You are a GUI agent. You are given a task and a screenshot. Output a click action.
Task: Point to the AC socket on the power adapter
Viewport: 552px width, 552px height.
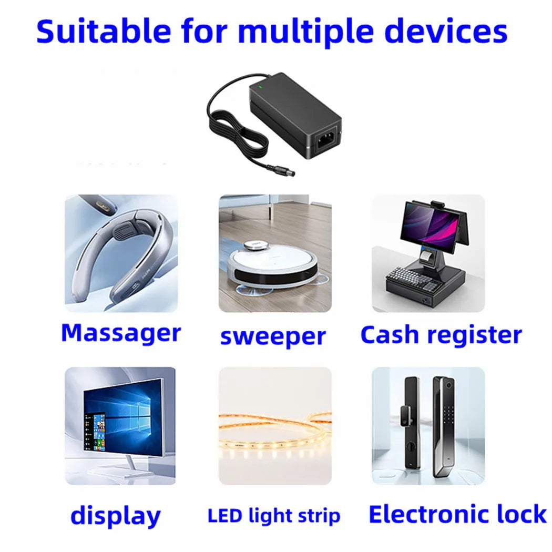coord(324,140)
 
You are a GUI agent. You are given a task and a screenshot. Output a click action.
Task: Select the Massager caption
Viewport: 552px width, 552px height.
coord(120,333)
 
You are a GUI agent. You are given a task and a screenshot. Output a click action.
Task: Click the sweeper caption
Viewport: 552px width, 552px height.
coord(273,336)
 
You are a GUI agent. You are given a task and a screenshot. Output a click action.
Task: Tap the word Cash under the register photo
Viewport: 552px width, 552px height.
coord(390,335)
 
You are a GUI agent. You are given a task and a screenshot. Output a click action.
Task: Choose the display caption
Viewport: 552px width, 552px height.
coord(115,516)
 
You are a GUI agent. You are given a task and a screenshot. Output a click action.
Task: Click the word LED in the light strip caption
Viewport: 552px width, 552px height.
coord(225,516)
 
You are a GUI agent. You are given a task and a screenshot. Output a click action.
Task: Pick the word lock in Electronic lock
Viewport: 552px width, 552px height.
coord(518,514)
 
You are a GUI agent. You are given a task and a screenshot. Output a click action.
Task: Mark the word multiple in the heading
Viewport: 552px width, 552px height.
coord(307,32)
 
